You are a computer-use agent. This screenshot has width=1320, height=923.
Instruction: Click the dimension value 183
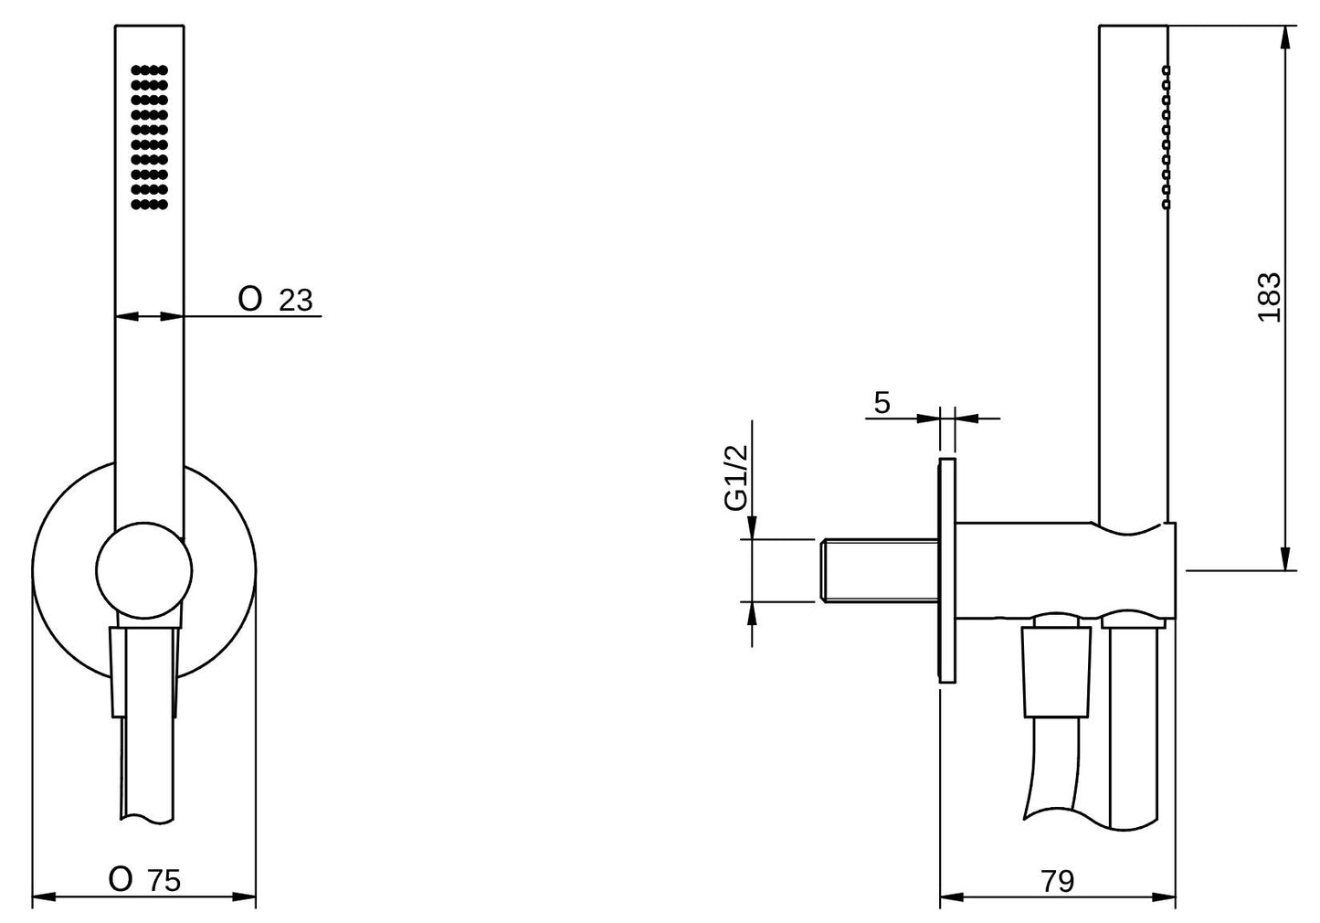pyautogui.click(x=1270, y=297)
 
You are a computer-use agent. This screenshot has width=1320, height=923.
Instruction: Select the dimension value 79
pyautogui.click(x=1057, y=881)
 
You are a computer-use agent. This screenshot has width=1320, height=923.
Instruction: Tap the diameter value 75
pyautogui.click(x=164, y=880)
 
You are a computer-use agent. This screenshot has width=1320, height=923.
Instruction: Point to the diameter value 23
pyautogui.click(x=295, y=300)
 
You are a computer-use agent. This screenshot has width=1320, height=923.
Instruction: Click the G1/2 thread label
pyautogui.click(x=736, y=476)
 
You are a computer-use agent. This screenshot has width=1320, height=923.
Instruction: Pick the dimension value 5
pyautogui.click(x=882, y=403)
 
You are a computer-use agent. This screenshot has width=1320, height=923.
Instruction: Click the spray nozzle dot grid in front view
pyautogui.click(x=150, y=136)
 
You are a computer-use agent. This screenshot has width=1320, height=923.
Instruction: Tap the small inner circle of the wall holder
pyautogui.click(x=145, y=570)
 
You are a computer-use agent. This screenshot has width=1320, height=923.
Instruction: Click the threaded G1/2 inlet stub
pyautogui.click(x=877, y=570)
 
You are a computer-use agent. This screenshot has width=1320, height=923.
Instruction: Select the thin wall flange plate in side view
pyautogui.click(x=947, y=570)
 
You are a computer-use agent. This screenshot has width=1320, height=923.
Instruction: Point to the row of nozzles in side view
pyautogui.click(x=1166, y=137)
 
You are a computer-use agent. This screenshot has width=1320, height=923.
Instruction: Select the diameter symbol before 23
pyautogui.click(x=250, y=299)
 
